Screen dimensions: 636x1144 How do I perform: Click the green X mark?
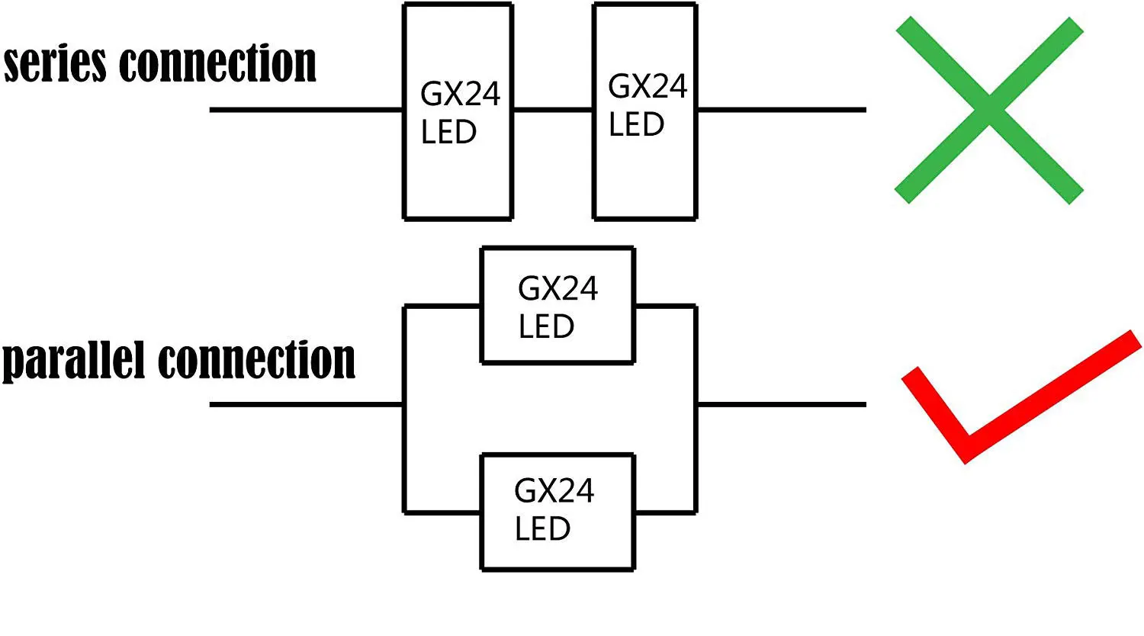(x=988, y=110)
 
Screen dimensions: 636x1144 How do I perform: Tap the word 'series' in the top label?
(x=55, y=64)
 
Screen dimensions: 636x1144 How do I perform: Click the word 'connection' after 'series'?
(x=218, y=64)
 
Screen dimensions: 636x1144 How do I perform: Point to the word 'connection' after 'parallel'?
(x=257, y=360)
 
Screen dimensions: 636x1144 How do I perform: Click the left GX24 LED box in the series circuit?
(x=458, y=111)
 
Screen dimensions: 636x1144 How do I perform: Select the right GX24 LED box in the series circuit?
(x=644, y=111)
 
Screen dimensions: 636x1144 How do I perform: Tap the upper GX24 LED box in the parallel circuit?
(x=558, y=305)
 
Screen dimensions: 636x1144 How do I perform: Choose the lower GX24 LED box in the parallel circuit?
(x=558, y=512)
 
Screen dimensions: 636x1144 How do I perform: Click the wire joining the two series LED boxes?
(x=553, y=110)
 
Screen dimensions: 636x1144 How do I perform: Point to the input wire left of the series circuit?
(x=305, y=110)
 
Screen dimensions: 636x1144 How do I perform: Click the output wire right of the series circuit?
(x=782, y=110)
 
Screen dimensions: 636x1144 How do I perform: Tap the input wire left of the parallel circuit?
(x=305, y=404)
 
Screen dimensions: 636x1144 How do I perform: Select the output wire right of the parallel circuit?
(x=782, y=404)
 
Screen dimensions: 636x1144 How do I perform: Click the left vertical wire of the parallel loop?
(x=403, y=458)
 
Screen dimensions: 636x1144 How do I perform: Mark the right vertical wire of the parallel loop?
(x=696, y=458)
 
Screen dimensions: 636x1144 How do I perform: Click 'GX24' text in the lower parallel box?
(x=554, y=491)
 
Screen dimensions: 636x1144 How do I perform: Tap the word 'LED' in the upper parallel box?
(x=546, y=327)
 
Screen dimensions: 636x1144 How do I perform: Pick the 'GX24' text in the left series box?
(x=461, y=95)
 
